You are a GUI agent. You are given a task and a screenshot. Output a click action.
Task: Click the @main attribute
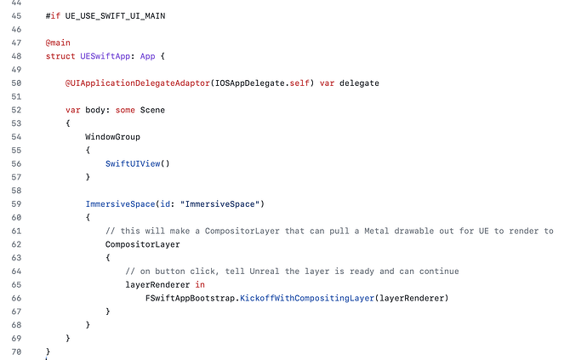pos(58,43)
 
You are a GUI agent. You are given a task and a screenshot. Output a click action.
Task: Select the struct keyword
pos(61,56)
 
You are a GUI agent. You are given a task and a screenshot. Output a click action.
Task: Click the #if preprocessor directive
pos(53,15)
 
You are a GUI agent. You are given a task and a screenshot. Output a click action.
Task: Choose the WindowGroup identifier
pos(112,136)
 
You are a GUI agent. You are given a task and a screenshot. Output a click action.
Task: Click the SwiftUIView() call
pos(138,163)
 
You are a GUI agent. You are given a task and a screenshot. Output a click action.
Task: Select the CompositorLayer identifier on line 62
pos(142,243)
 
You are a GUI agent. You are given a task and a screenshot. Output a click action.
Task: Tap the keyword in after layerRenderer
pos(200,284)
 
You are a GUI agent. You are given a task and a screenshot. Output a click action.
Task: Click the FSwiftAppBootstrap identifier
pos(191,298)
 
